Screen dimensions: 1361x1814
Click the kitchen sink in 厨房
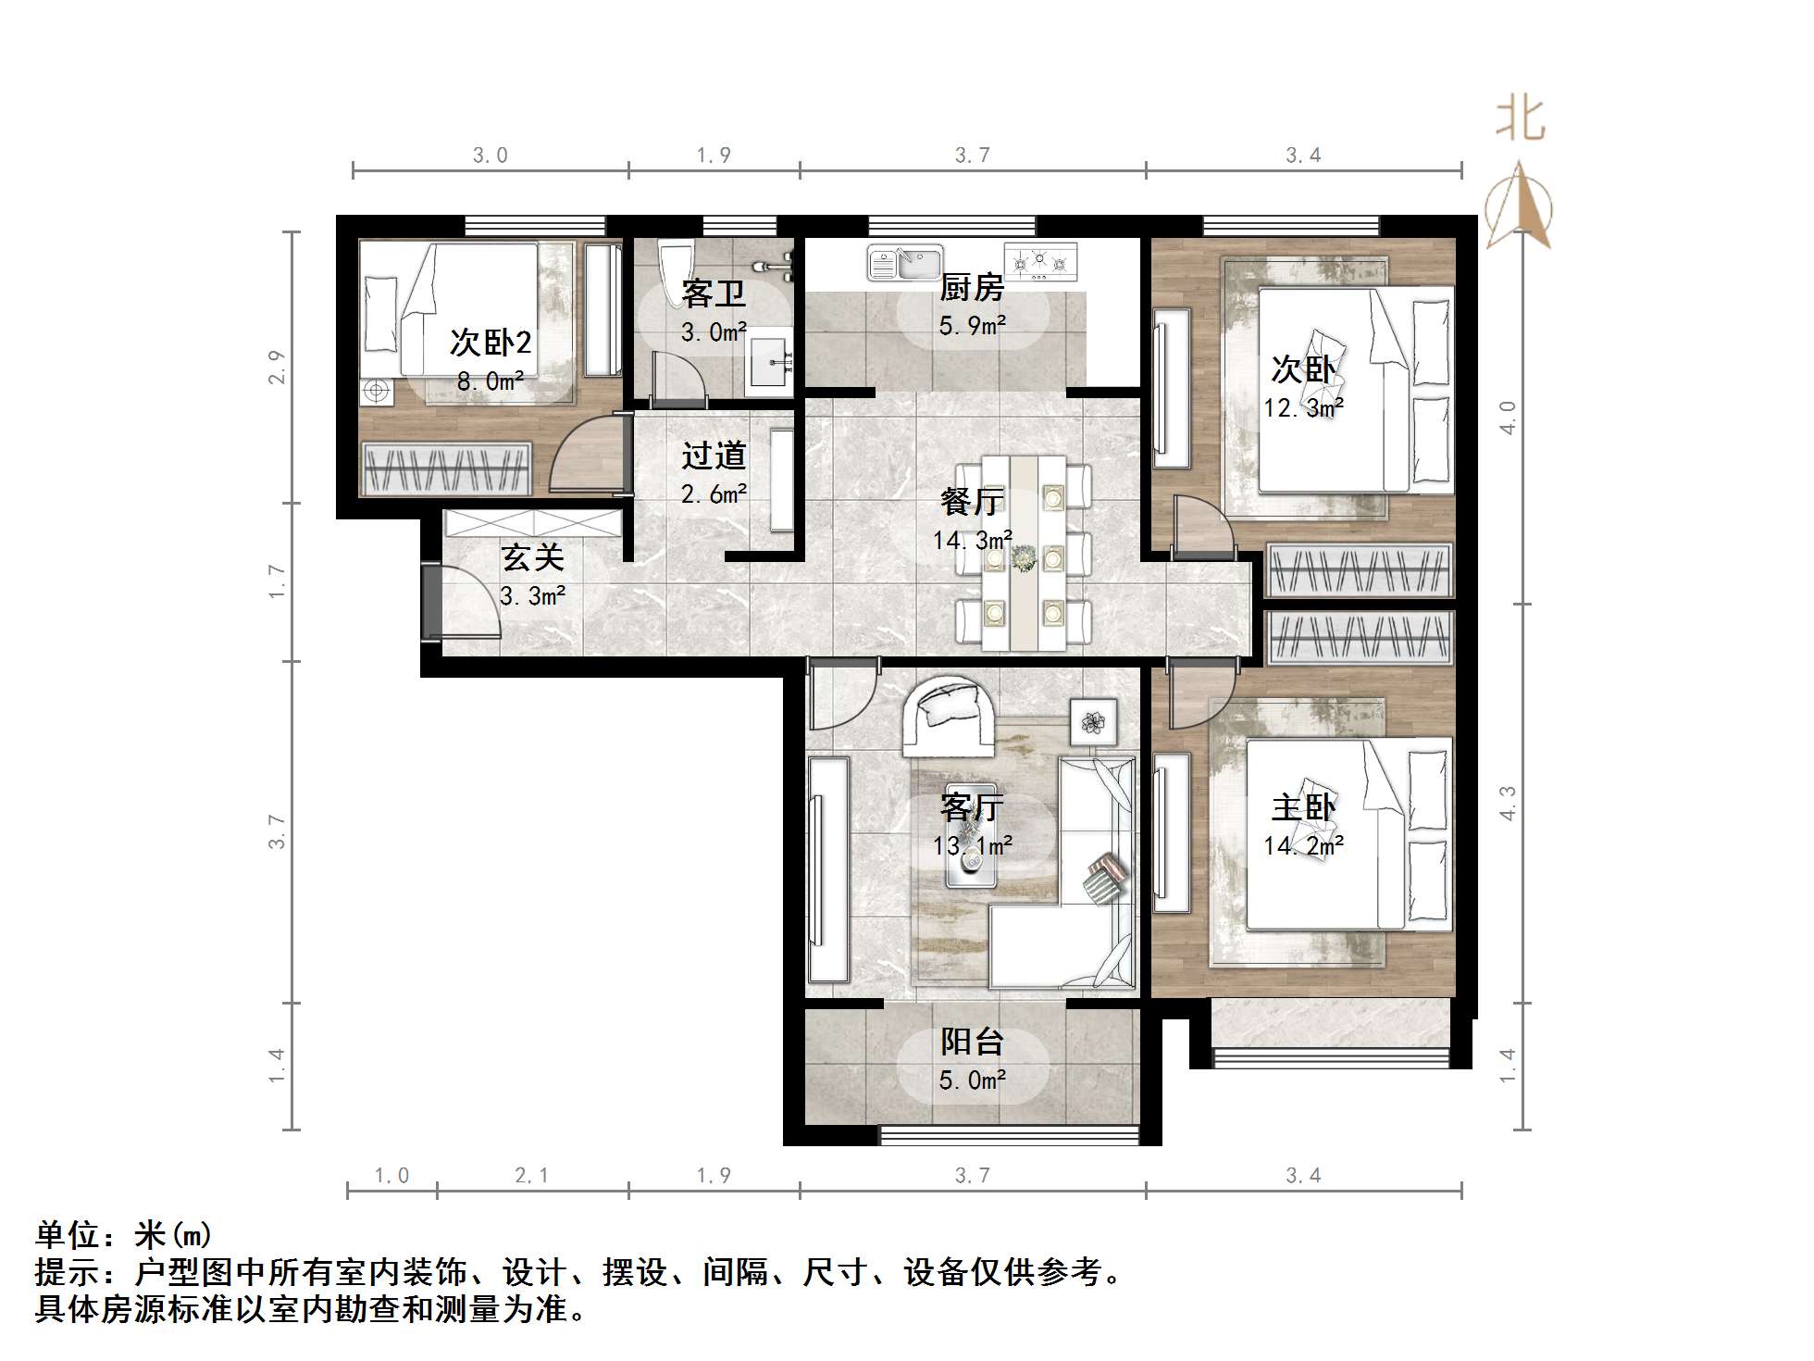point(904,262)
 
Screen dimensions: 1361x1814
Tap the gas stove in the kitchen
point(1041,262)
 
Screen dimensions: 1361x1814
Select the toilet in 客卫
point(676,268)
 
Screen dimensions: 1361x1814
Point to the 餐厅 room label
point(972,502)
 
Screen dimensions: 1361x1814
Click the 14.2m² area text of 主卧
point(1303,845)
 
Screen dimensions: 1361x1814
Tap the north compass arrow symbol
point(1519,206)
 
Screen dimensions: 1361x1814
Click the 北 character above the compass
point(1521,120)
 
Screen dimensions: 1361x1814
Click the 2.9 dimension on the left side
point(277,368)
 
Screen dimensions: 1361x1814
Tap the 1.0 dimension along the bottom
point(391,1176)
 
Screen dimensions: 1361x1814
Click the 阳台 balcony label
point(972,1043)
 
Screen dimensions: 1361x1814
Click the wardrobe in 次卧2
point(446,468)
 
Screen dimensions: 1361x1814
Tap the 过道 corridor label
point(714,456)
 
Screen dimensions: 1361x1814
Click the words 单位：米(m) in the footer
point(125,1234)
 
